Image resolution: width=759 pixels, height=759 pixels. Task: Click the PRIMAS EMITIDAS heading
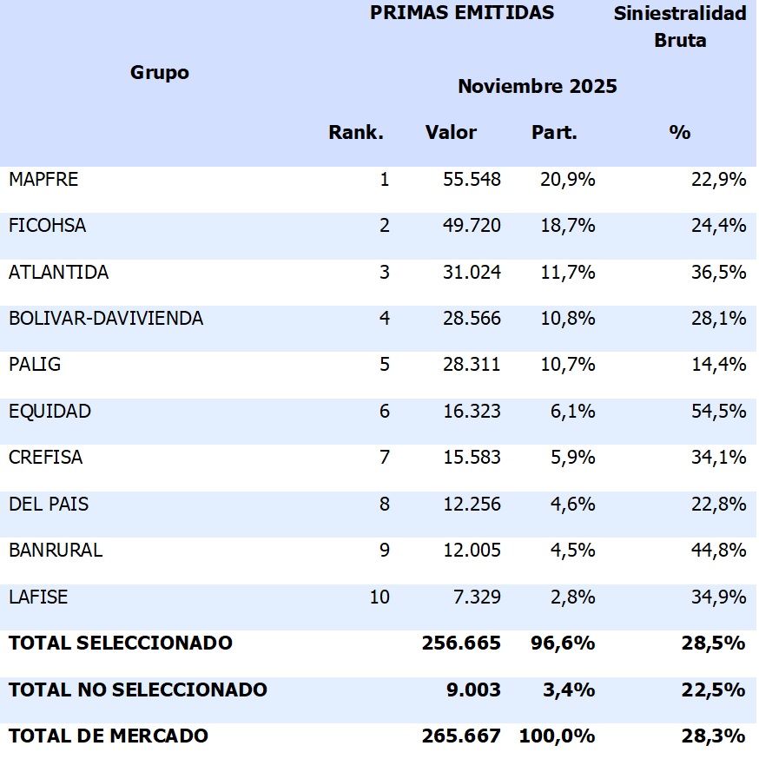pos(462,13)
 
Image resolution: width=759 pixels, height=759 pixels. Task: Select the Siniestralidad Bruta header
pos(680,27)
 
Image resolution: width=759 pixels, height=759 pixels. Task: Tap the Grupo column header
pos(160,73)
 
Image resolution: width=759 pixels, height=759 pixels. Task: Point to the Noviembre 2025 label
pos(538,87)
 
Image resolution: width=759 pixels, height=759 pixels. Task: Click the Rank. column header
pos(356,133)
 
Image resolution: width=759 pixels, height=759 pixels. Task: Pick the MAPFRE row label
pos(43,180)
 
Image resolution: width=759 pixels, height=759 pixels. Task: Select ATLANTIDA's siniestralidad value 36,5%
pos(720,272)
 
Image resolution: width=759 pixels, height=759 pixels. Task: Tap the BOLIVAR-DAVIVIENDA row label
pos(106,319)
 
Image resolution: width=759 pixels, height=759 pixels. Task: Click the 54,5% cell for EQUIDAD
pos(720,411)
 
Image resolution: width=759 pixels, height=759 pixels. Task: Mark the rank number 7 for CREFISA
pos(385,458)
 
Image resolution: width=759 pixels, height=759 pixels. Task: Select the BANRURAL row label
pos(56,550)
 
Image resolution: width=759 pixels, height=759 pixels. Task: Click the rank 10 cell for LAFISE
pos(379,597)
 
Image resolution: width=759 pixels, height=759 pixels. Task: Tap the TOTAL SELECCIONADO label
pos(121,643)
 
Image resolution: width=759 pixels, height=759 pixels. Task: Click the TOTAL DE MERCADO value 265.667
pos(461,736)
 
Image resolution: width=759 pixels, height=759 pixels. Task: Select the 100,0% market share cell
pos(557,736)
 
